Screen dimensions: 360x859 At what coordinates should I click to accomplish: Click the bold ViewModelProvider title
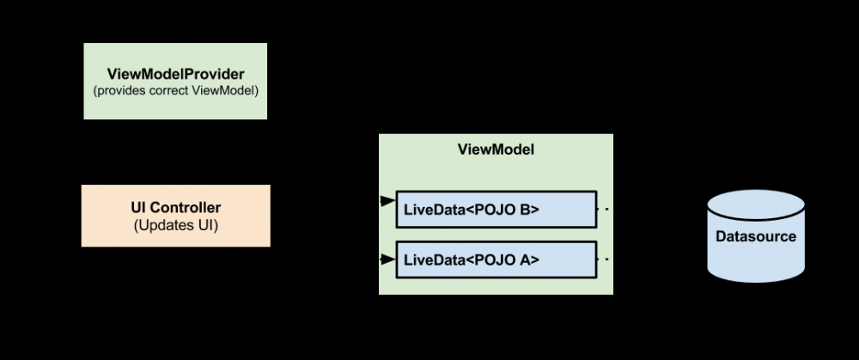(175, 73)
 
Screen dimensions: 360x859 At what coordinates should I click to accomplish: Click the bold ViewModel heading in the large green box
(496, 149)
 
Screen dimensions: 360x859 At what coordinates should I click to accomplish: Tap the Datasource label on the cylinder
(756, 236)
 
